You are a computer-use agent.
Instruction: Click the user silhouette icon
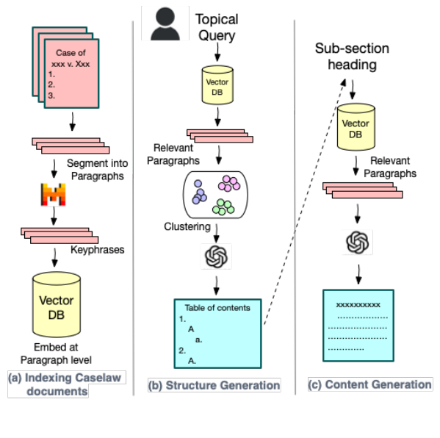(x=165, y=23)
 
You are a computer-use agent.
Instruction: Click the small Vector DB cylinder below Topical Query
(x=217, y=86)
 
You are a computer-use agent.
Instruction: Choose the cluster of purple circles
(x=199, y=191)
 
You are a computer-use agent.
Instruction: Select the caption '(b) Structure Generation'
(x=214, y=385)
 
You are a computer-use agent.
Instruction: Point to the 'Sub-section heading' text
(x=352, y=57)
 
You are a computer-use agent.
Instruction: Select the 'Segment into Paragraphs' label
(x=96, y=170)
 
